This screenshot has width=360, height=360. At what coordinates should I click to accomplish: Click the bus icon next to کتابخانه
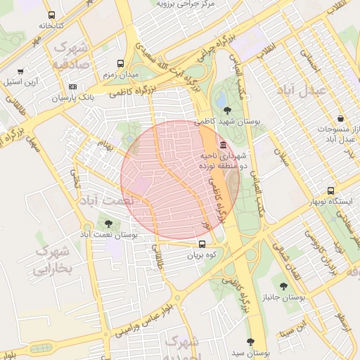coord(51,15)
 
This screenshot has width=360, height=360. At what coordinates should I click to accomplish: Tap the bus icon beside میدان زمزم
coord(121,63)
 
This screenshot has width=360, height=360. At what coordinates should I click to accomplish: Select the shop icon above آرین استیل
coord(20,71)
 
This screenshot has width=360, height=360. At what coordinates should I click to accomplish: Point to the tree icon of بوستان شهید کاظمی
coord(226,109)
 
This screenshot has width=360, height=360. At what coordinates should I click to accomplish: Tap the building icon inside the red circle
coord(223,144)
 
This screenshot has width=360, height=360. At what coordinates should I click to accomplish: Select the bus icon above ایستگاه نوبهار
coord(330,191)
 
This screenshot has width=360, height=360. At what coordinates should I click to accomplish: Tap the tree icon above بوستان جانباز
coord(283,286)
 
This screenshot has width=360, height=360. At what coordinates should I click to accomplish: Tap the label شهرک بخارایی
coord(53,259)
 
